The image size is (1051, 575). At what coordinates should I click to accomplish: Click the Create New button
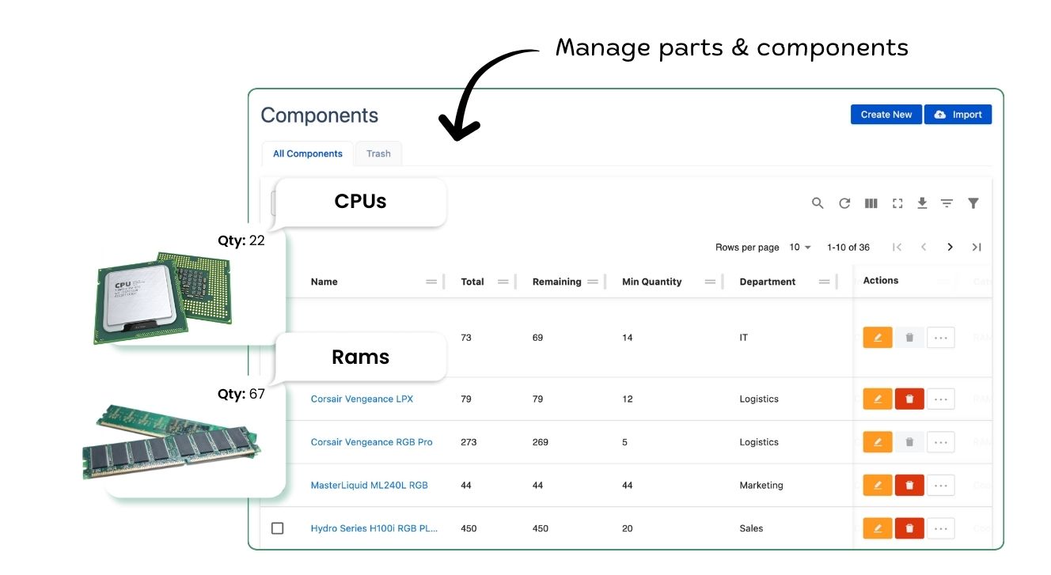pyautogui.click(x=886, y=115)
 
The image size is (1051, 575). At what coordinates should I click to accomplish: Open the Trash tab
pyautogui.click(x=378, y=153)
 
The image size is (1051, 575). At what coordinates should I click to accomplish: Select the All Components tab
pyautogui.click(x=308, y=153)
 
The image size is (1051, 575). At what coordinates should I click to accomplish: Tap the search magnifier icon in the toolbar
pyautogui.click(x=818, y=203)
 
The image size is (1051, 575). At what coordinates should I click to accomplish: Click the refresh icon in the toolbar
pyautogui.click(x=844, y=203)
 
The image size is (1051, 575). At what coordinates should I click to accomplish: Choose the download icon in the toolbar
pyautogui.click(x=922, y=203)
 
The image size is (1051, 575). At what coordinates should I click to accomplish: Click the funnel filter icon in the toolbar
pyautogui.click(x=973, y=203)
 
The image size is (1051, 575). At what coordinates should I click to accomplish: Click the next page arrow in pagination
pyautogui.click(x=950, y=248)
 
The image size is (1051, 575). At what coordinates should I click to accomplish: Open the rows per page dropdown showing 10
pyautogui.click(x=800, y=248)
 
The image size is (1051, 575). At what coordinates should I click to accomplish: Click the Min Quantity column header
pyautogui.click(x=651, y=282)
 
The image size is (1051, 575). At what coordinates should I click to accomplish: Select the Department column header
pyautogui.click(x=767, y=282)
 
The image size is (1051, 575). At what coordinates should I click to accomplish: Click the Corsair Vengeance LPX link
pyautogui.click(x=362, y=399)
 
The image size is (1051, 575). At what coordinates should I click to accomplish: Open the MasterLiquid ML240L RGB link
pyautogui.click(x=369, y=486)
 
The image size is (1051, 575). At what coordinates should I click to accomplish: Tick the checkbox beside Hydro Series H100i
pyautogui.click(x=277, y=528)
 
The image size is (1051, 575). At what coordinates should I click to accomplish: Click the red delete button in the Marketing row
pyautogui.click(x=909, y=486)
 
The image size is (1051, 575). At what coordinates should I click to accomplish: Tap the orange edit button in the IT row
pyautogui.click(x=877, y=338)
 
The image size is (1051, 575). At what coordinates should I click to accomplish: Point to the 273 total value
pyautogui.click(x=469, y=442)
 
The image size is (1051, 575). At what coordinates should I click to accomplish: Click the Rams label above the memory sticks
pyautogui.click(x=360, y=357)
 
